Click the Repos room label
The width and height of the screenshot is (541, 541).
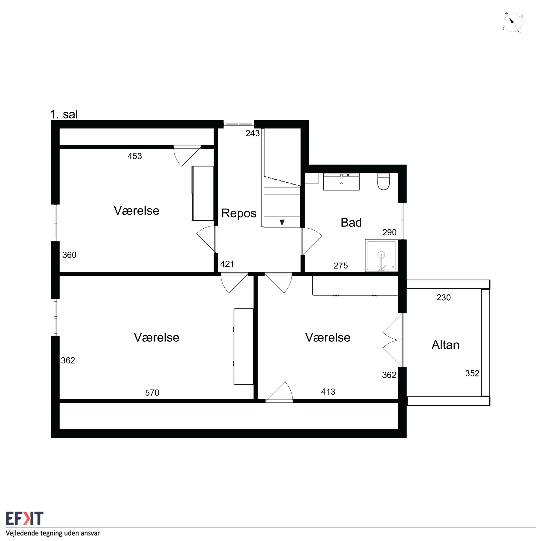(239, 213)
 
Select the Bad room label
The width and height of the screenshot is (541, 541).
(351, 223)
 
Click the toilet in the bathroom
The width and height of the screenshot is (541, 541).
(383, 181)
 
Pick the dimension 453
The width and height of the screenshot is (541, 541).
(135, 156)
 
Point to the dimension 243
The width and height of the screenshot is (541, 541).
(253, 133)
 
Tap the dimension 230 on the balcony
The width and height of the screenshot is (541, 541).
(444, 297)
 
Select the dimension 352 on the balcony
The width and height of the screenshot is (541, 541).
(472, 373)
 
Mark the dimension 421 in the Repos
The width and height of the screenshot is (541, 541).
(227, 264)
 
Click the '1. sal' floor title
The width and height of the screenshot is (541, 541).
(64, 114)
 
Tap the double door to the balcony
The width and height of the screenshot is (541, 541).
(393, 340)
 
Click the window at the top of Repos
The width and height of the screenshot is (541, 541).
(239, 124)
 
